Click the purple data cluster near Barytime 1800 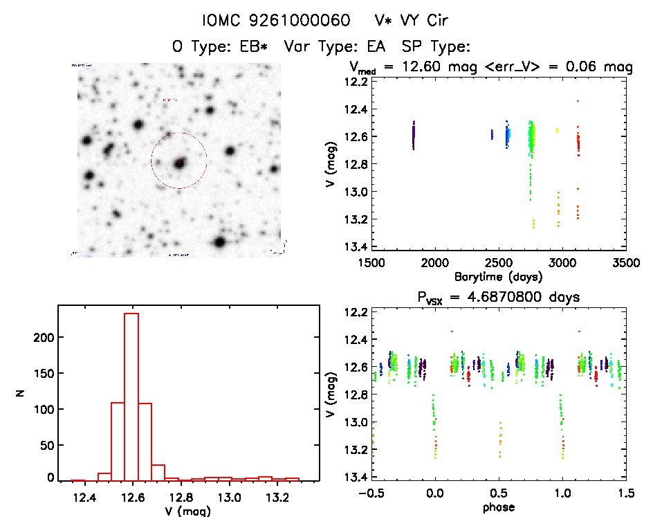tap(414, 136)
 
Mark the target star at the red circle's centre tap(179, 163)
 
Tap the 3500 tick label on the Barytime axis tap(625, 263)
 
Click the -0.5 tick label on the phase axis tap(369, 493)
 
